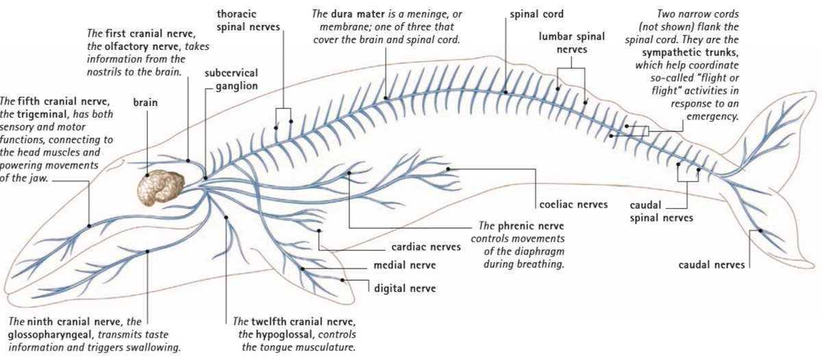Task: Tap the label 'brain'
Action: coord(145,103)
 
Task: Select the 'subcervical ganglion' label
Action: coord(231,79)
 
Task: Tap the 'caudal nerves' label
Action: coord(712,264)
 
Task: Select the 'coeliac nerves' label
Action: coord(573,204)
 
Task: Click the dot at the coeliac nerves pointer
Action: coord(448,168)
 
